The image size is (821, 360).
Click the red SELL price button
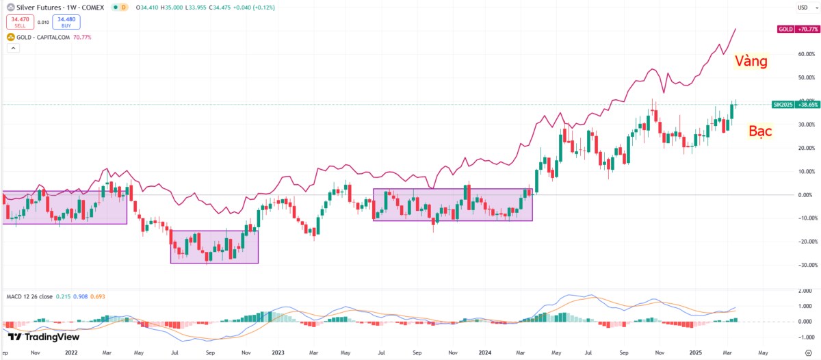[x=20, y=23]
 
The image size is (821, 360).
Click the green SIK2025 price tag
[x=795, y=105]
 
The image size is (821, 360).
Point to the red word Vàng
[x=751, y=62]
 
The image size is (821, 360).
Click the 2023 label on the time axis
[x=278, y=353]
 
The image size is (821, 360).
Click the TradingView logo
[x=44, y=337]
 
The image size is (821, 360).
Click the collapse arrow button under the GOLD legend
[x=12, y=49]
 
